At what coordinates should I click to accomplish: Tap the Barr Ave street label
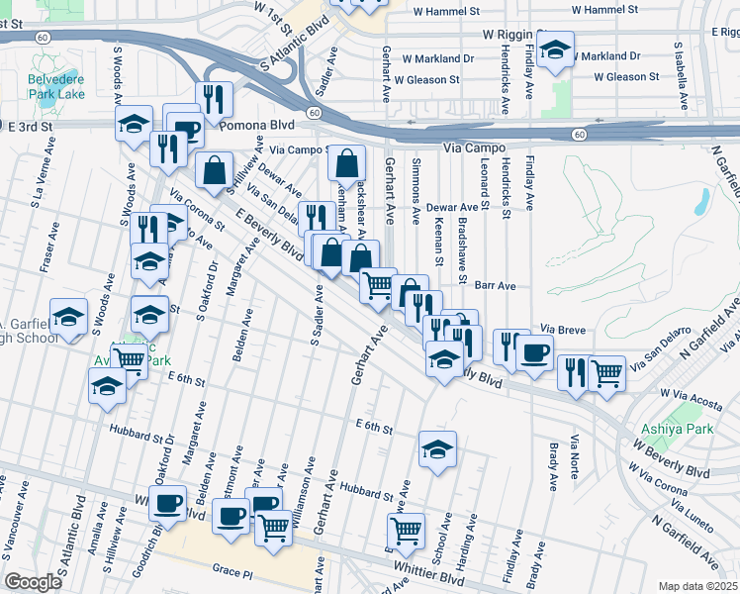point(496,285)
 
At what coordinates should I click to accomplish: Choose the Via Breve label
point(560,327)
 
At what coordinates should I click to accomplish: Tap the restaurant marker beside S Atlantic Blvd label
point(216,97)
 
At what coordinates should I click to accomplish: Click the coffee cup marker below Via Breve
point(535,352)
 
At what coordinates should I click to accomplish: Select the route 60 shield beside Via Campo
point(580,134)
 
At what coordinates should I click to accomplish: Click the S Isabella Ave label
point(682,75)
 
